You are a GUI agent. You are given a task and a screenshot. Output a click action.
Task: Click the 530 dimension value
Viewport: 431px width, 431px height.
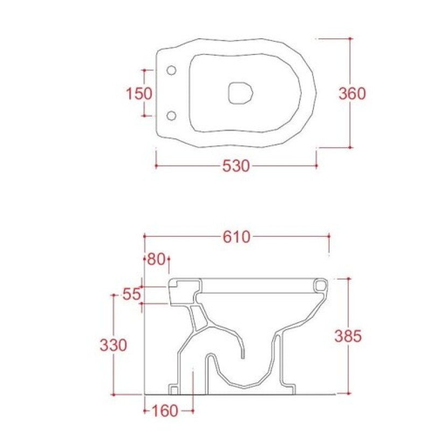(236, 166)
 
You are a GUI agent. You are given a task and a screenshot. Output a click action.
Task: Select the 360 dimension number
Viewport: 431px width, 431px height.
(352, 93)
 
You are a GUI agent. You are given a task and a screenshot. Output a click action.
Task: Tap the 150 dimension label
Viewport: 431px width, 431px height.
(139, 93)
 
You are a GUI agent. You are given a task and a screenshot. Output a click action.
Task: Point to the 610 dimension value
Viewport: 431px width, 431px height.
(237, 237)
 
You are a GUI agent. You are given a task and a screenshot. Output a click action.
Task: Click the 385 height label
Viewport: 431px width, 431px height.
(348, 336)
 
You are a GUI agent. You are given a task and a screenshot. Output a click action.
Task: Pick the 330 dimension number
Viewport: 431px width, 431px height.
(113, 345)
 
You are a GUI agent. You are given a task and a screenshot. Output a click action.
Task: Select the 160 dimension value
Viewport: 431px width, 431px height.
(165, 411)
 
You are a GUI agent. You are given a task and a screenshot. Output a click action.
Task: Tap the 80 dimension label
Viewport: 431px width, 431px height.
(156, 259)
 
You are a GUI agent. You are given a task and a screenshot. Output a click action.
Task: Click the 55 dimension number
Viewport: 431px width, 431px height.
(131, 294)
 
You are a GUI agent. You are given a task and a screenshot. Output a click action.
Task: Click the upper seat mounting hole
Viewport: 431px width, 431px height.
(171, 71)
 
